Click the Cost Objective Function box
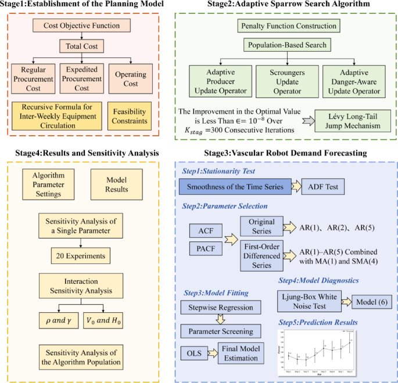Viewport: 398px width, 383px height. pyautogui.click(x=81, y=26)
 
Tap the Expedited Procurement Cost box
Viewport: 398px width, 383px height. pyautogui.click(x=82, y=79)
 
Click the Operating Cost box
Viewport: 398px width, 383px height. pyautogui.click(x=131, y=79)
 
